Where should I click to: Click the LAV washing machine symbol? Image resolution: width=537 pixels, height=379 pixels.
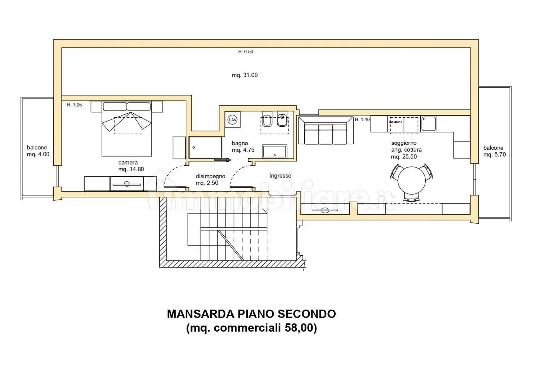click(x=233, y=120)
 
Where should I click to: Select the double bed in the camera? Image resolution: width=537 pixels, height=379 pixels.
click(x=126, y=130)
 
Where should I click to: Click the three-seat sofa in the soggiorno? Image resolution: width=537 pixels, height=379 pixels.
click(x=325, y=132)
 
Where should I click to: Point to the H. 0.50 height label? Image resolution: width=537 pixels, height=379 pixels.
click(x=246, y=52)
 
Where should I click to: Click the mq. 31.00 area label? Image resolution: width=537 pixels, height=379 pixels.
click(x=245, y=75)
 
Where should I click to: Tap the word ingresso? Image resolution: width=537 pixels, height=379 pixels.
click(x=280, y=176)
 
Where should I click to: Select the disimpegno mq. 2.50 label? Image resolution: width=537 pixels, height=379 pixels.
click(x=210, y=180)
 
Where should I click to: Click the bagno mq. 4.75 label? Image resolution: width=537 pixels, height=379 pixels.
click(x=243, y=147)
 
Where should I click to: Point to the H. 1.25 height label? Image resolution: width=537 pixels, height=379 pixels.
click(x=74, y=105)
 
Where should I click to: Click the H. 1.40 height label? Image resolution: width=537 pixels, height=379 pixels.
click(x=362, y=119)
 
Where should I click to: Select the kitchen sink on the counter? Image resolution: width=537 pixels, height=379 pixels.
click(x=428, y=124)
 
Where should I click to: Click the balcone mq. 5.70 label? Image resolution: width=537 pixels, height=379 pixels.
click(x=494, y=151)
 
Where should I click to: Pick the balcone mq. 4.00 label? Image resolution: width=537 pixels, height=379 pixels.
click(x=38, y=151)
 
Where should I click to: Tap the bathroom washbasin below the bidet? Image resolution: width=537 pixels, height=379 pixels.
click(x=275, y=151)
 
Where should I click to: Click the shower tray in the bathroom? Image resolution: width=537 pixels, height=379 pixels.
click(x=205, y=147)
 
